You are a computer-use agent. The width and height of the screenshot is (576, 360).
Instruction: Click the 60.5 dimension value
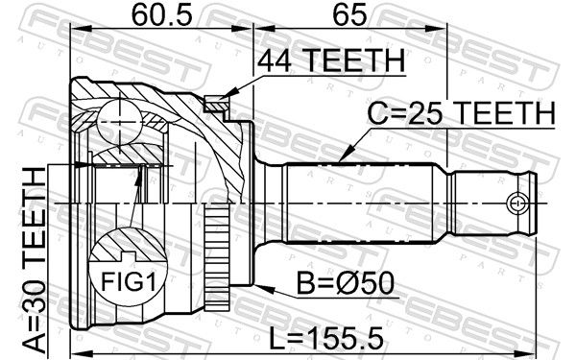tap(161, 15)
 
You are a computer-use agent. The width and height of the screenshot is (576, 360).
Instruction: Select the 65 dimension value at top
tap(349, 15)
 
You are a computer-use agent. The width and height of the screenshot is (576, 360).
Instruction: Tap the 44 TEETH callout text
tap(331, 60)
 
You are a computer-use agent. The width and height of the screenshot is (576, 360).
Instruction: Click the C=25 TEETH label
tap(462, 113)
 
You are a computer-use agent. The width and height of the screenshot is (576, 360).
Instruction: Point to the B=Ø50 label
tap(345, 283)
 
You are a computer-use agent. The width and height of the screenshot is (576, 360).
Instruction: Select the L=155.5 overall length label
tap(326, 339)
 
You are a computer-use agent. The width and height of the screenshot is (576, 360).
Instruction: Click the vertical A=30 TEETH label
tap(34, 262)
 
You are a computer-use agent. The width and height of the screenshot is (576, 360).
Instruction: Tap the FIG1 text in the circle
tap(129, 282)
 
